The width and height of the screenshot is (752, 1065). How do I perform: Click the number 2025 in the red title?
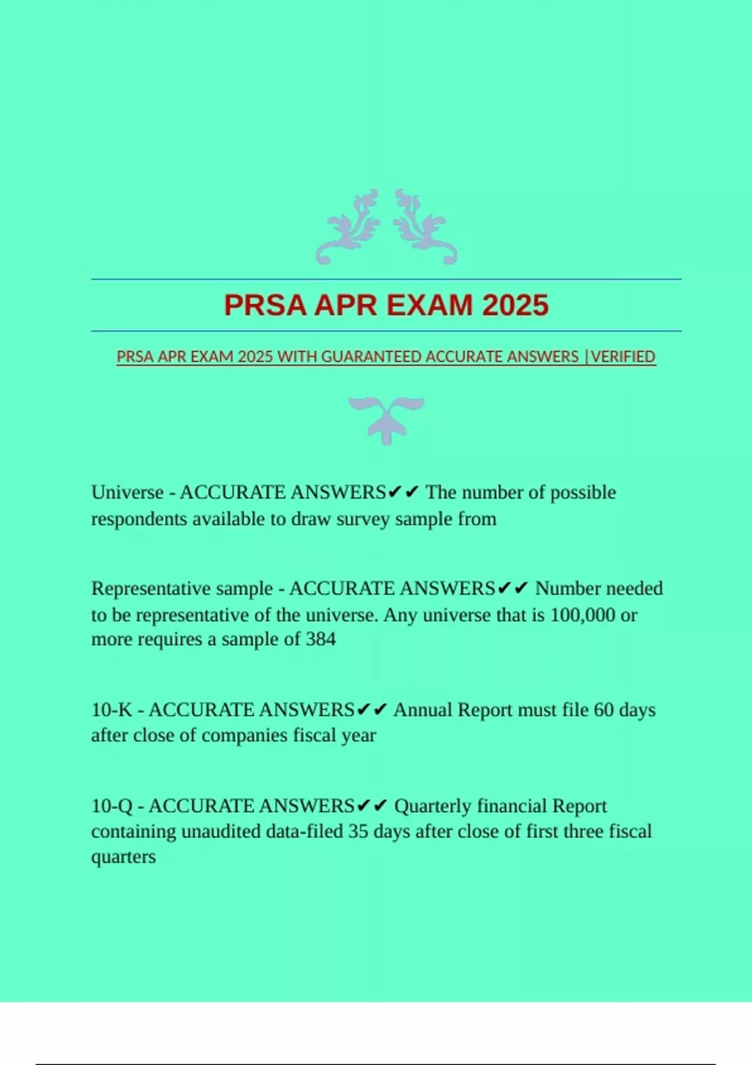click(515, 306)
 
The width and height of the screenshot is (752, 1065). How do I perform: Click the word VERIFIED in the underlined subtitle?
click(624, 356)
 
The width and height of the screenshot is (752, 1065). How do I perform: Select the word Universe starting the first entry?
click(127, 492)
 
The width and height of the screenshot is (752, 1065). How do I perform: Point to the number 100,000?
click(582, 615)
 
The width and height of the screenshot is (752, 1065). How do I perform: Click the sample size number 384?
click(320, 640)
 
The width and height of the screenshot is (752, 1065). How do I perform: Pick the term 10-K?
click(112, 710)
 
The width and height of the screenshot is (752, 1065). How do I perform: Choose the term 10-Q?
click(112, 806)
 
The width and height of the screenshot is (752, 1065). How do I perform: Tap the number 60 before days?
click(603, 710)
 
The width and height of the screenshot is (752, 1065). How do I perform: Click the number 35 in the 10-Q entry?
click(358, 831)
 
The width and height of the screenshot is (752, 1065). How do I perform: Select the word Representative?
click(182, 589)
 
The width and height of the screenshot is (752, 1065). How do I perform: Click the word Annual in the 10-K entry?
click(423, 710)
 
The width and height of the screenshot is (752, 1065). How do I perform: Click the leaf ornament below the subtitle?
click(387, 418)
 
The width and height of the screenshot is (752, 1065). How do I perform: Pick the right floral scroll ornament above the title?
click(425, 227)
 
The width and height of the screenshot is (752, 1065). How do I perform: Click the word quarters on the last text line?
click(123, 857)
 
